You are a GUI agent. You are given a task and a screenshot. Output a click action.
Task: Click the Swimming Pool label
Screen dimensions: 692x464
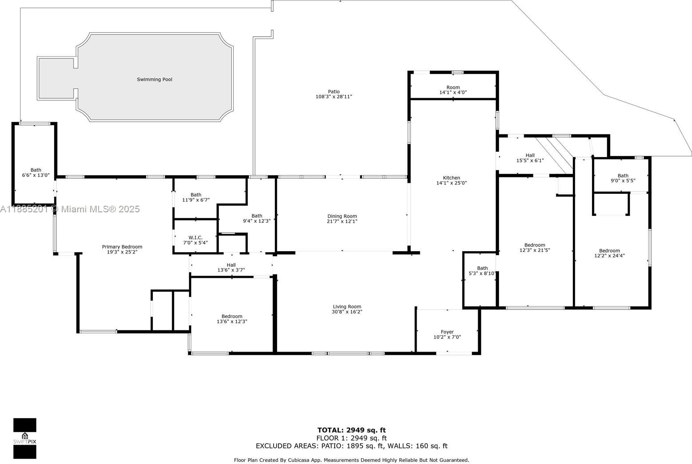click(x=155, y=79)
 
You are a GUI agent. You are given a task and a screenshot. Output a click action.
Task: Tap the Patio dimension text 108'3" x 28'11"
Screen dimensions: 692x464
click(x=334, y=96)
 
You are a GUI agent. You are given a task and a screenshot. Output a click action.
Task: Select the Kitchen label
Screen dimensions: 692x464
click(x=451, y=178)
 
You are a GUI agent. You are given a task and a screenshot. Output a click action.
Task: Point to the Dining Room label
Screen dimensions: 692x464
click(x=342, y=216)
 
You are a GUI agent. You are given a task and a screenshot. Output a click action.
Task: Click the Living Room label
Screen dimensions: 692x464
click(x=347, y=307)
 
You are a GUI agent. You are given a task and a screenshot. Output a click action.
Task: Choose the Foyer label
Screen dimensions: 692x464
click(x=447, y=332)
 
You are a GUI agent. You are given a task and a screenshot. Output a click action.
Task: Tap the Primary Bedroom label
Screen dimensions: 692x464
click(x=122, y=247)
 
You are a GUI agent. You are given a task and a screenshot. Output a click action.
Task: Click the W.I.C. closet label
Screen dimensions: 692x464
click(x=195, y=238)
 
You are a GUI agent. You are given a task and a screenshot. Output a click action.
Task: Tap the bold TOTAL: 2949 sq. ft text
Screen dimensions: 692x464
click(x=352, y=430)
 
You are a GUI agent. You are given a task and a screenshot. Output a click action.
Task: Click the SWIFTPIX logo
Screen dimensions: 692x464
click(x=25, y=438)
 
